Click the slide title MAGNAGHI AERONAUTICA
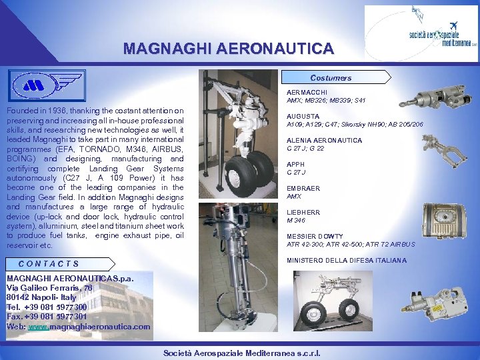(x=229, y=49)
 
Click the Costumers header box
(x=331, y=78)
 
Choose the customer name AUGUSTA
(x=302, y=116)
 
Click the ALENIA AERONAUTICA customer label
(x=324, y=141)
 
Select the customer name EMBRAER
(x=303, y=189)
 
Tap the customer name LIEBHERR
(x=303, y=213)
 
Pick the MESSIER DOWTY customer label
(x=315, y=237)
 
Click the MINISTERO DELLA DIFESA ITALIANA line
(x=346, y=261)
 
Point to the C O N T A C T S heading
(x=49, y=264)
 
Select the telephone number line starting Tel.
(x=47, y=307)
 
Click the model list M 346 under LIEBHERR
(x=296, y=220)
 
